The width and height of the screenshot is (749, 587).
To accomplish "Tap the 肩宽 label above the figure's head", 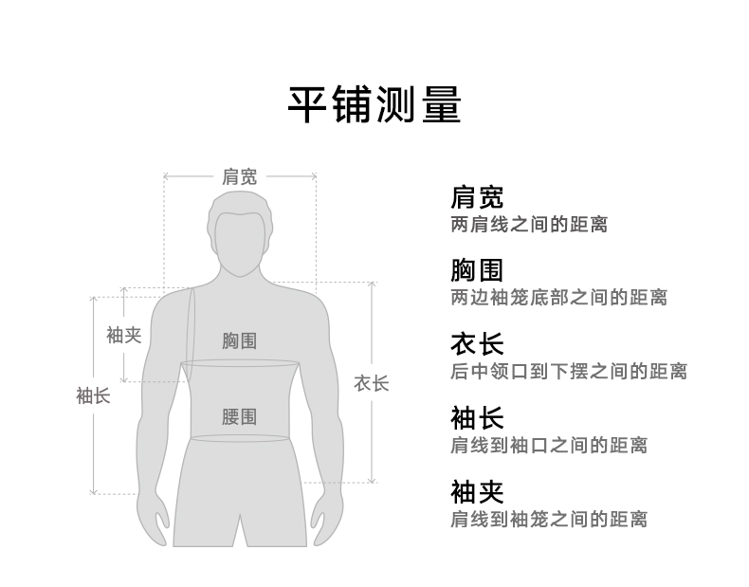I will (239, 176).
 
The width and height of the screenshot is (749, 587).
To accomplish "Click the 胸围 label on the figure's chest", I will (239, 340).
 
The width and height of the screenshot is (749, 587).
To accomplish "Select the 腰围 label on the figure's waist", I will (239, 416).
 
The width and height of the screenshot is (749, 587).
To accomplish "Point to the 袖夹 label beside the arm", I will (123, 335).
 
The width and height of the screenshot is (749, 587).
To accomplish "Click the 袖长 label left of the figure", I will (93, 394).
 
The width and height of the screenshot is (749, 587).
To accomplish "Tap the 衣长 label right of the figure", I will (371, 383).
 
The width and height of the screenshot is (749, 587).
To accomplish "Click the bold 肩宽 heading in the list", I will (477, 197).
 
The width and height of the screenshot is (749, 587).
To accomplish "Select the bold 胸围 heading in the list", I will (477, 270).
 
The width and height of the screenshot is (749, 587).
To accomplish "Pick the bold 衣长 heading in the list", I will (477, 343).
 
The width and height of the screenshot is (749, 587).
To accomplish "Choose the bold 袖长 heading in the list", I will (477, 417).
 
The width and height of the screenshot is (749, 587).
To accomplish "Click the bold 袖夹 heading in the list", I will (477, 491).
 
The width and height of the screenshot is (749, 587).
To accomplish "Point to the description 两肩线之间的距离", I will (528, 225).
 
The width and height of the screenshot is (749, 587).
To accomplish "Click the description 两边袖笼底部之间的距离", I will (558, 298).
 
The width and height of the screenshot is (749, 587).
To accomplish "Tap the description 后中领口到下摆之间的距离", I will (568, 371).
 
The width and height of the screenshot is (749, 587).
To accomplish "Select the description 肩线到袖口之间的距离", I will (548, 445).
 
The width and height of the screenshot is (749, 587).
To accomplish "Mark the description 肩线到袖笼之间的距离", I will (548, 519).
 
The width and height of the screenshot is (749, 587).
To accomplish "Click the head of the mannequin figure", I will (239, 232).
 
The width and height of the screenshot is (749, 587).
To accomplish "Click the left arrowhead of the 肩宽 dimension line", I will (166, 176).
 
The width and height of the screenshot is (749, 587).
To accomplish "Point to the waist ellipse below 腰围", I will (239, 438).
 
